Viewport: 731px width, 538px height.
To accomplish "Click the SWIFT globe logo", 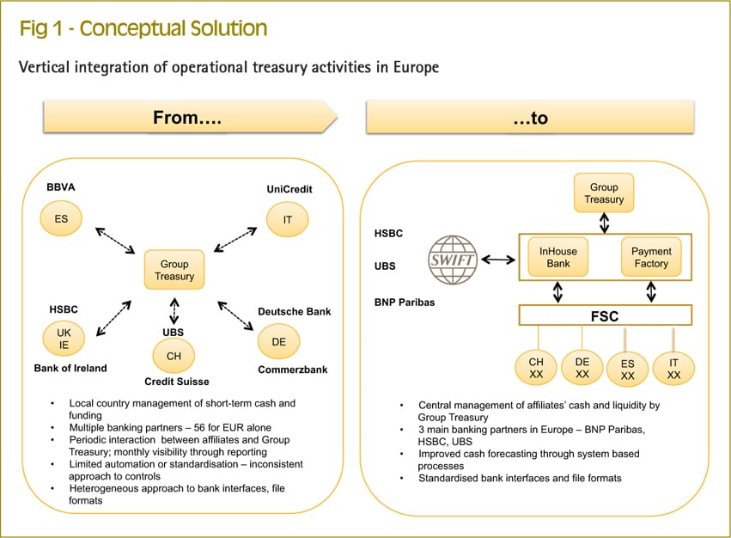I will click(x=452, y=260).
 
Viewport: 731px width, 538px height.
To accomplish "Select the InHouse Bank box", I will click(x=557, y=258).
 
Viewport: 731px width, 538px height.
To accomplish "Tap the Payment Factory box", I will click(x=650, y=258).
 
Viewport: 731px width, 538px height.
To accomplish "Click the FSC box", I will click(x=604, y=315).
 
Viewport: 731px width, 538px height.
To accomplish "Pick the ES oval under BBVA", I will click(x=61, y=219).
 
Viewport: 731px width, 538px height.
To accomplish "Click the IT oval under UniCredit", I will click(x=287, y=220).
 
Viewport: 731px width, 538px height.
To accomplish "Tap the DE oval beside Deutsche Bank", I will click(x=278, y=341).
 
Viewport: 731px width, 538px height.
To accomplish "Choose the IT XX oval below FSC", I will click(x=673, y=369).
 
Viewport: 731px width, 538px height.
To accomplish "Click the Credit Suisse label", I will click(x=176, y=382).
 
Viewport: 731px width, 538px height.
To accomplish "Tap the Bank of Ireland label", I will click(x=70, y=368).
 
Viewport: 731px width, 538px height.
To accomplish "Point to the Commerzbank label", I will click(x=293, y=370).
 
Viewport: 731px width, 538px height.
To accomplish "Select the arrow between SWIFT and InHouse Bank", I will click(x=497, y=259).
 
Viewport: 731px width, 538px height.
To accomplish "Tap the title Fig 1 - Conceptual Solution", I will click(x=143, y=28).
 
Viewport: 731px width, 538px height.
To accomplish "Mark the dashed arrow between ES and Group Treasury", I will click(x=114, y=241).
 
